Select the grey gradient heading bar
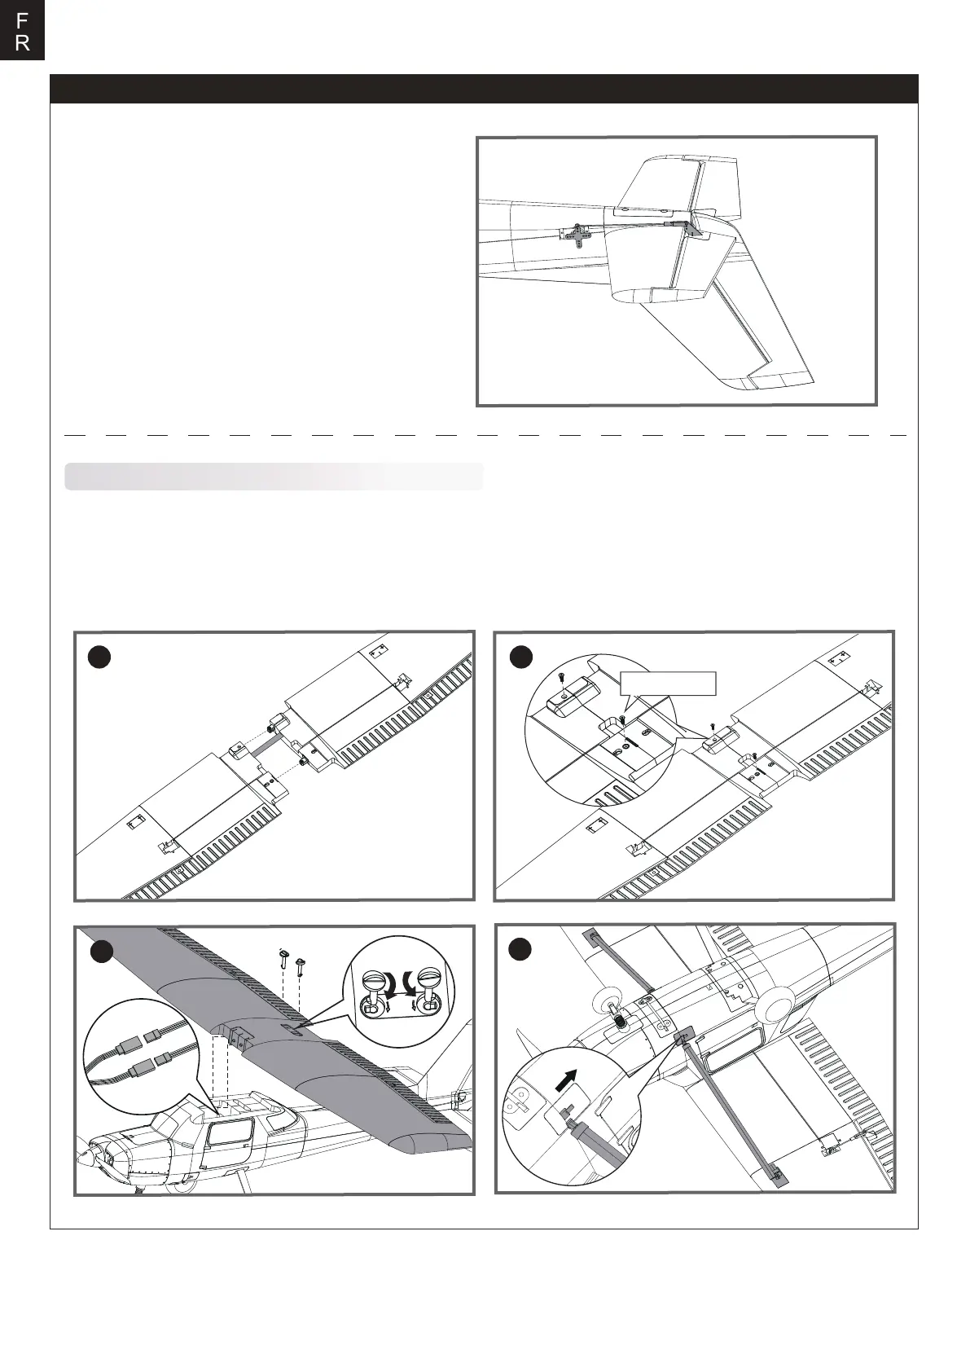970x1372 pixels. click(274, 477)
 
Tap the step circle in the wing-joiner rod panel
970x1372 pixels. click(99, 657)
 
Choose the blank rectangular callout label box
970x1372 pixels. click(668, 683)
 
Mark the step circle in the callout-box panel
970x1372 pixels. click(520, 657)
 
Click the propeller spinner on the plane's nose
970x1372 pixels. click(85, 1158)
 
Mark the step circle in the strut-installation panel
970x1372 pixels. click(520, 949)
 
